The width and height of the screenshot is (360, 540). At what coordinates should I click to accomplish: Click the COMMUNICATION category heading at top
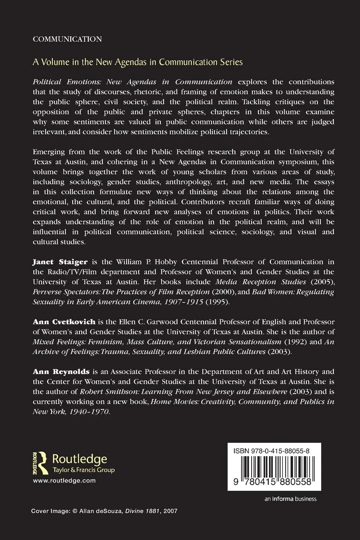67,39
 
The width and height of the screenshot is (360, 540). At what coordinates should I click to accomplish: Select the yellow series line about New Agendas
137,62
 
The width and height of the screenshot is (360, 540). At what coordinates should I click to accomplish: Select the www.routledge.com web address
64,480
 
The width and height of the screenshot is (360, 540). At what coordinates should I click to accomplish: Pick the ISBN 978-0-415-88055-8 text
272,451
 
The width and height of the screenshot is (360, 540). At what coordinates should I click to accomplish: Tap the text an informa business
290,499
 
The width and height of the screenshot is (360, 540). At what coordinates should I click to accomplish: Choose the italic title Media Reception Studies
260,282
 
